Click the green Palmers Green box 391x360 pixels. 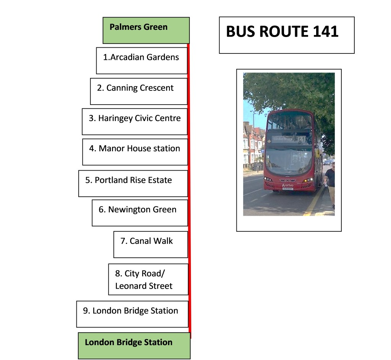[x=146, y=30]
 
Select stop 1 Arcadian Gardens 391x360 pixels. [x=142, y=60]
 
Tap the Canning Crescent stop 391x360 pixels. [x=139, y=91]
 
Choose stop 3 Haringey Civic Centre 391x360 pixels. [x=134, y=121]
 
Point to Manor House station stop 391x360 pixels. [x=135, y=152]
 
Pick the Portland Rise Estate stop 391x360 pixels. [x=133, y=183]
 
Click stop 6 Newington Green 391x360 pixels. [x=140, y=213]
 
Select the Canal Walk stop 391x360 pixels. [x=150, y=244]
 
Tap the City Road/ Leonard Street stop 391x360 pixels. [x=148, y=279]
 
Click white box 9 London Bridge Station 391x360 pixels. [x=132, y=314]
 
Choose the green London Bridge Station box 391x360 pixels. [x=134, y=345]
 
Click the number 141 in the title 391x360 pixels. [x=325, y=32]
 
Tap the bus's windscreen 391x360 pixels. [x=289, y=160]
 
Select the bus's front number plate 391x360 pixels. [x=288, y=188]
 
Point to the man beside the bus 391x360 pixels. [x=330, y=183]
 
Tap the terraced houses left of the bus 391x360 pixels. [x=252, y=145]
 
